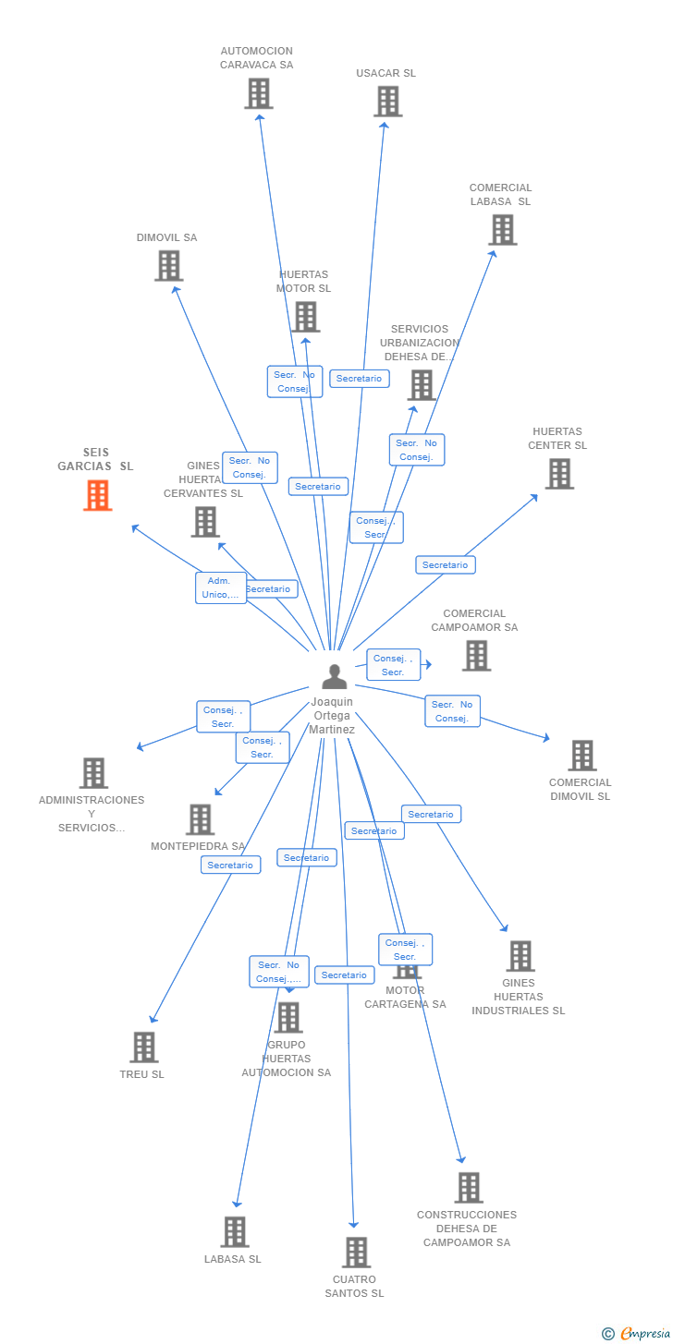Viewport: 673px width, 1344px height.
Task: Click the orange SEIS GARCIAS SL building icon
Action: tap(97, 495)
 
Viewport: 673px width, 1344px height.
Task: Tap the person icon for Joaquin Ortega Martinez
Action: tap(334, 677)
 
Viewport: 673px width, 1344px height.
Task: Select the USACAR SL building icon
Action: tap(387, 102)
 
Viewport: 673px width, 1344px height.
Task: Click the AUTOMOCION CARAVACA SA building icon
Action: tap(258, 93)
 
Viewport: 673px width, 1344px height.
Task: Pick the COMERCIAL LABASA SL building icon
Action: tap(502, 230)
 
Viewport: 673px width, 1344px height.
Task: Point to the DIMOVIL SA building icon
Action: tap(168, 266)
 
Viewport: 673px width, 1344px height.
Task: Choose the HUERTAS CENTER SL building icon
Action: tap(558, 474)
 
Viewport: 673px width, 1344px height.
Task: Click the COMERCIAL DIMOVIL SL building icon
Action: tap(581, 756)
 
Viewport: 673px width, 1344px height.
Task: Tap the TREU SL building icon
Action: tap(143, 1047)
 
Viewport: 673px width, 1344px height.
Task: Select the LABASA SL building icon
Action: tap(235, 1232)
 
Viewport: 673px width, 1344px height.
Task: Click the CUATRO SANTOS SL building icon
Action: tap(356, 1253)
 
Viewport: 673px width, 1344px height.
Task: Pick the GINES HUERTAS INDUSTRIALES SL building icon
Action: tap(520, 956)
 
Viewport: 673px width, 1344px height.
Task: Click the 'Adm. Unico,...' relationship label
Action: tap(221, 587)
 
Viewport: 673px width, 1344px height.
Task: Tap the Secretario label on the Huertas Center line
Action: tap(445, 564)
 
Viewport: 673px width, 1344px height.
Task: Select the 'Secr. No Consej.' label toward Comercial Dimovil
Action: tap(452, 711)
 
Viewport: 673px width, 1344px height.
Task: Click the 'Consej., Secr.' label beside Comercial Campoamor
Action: tap(393, 665)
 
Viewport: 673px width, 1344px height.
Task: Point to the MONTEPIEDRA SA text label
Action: tap(198, 847)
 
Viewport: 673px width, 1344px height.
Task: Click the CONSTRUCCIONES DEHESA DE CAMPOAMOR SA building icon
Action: tap(469, 1188)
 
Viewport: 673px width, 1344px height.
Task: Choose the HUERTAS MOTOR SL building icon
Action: tap(305, 317)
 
